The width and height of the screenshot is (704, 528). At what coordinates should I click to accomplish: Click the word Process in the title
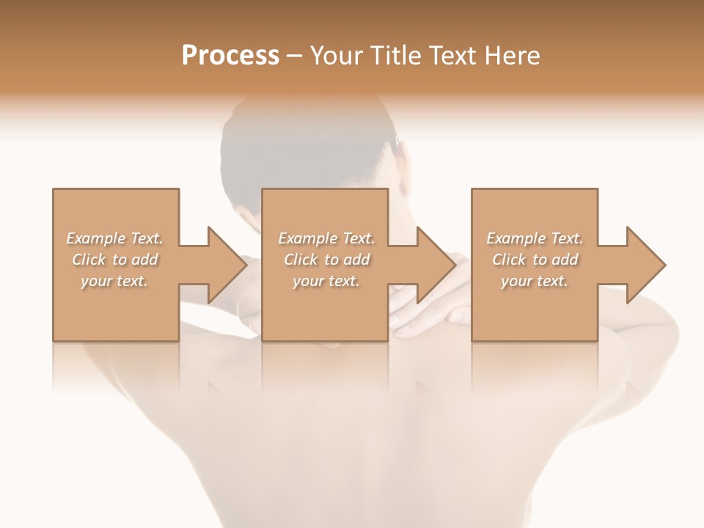point(230,55)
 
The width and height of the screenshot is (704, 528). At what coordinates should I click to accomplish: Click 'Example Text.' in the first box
point(114,238)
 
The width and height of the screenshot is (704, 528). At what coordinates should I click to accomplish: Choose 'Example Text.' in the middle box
point(326,238)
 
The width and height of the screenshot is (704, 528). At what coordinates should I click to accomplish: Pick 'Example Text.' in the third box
point(535,238)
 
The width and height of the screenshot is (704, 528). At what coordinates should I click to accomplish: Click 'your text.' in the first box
point(114,281)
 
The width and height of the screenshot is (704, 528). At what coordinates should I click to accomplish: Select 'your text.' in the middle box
point(326,281)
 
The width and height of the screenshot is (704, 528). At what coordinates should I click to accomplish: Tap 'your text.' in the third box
point(535,281)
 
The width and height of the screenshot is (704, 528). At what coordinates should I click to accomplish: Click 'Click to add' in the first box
point(114,260)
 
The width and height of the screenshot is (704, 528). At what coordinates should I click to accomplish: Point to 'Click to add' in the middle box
point(326,260)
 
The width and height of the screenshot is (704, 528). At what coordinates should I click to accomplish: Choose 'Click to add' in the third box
point(535,260)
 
